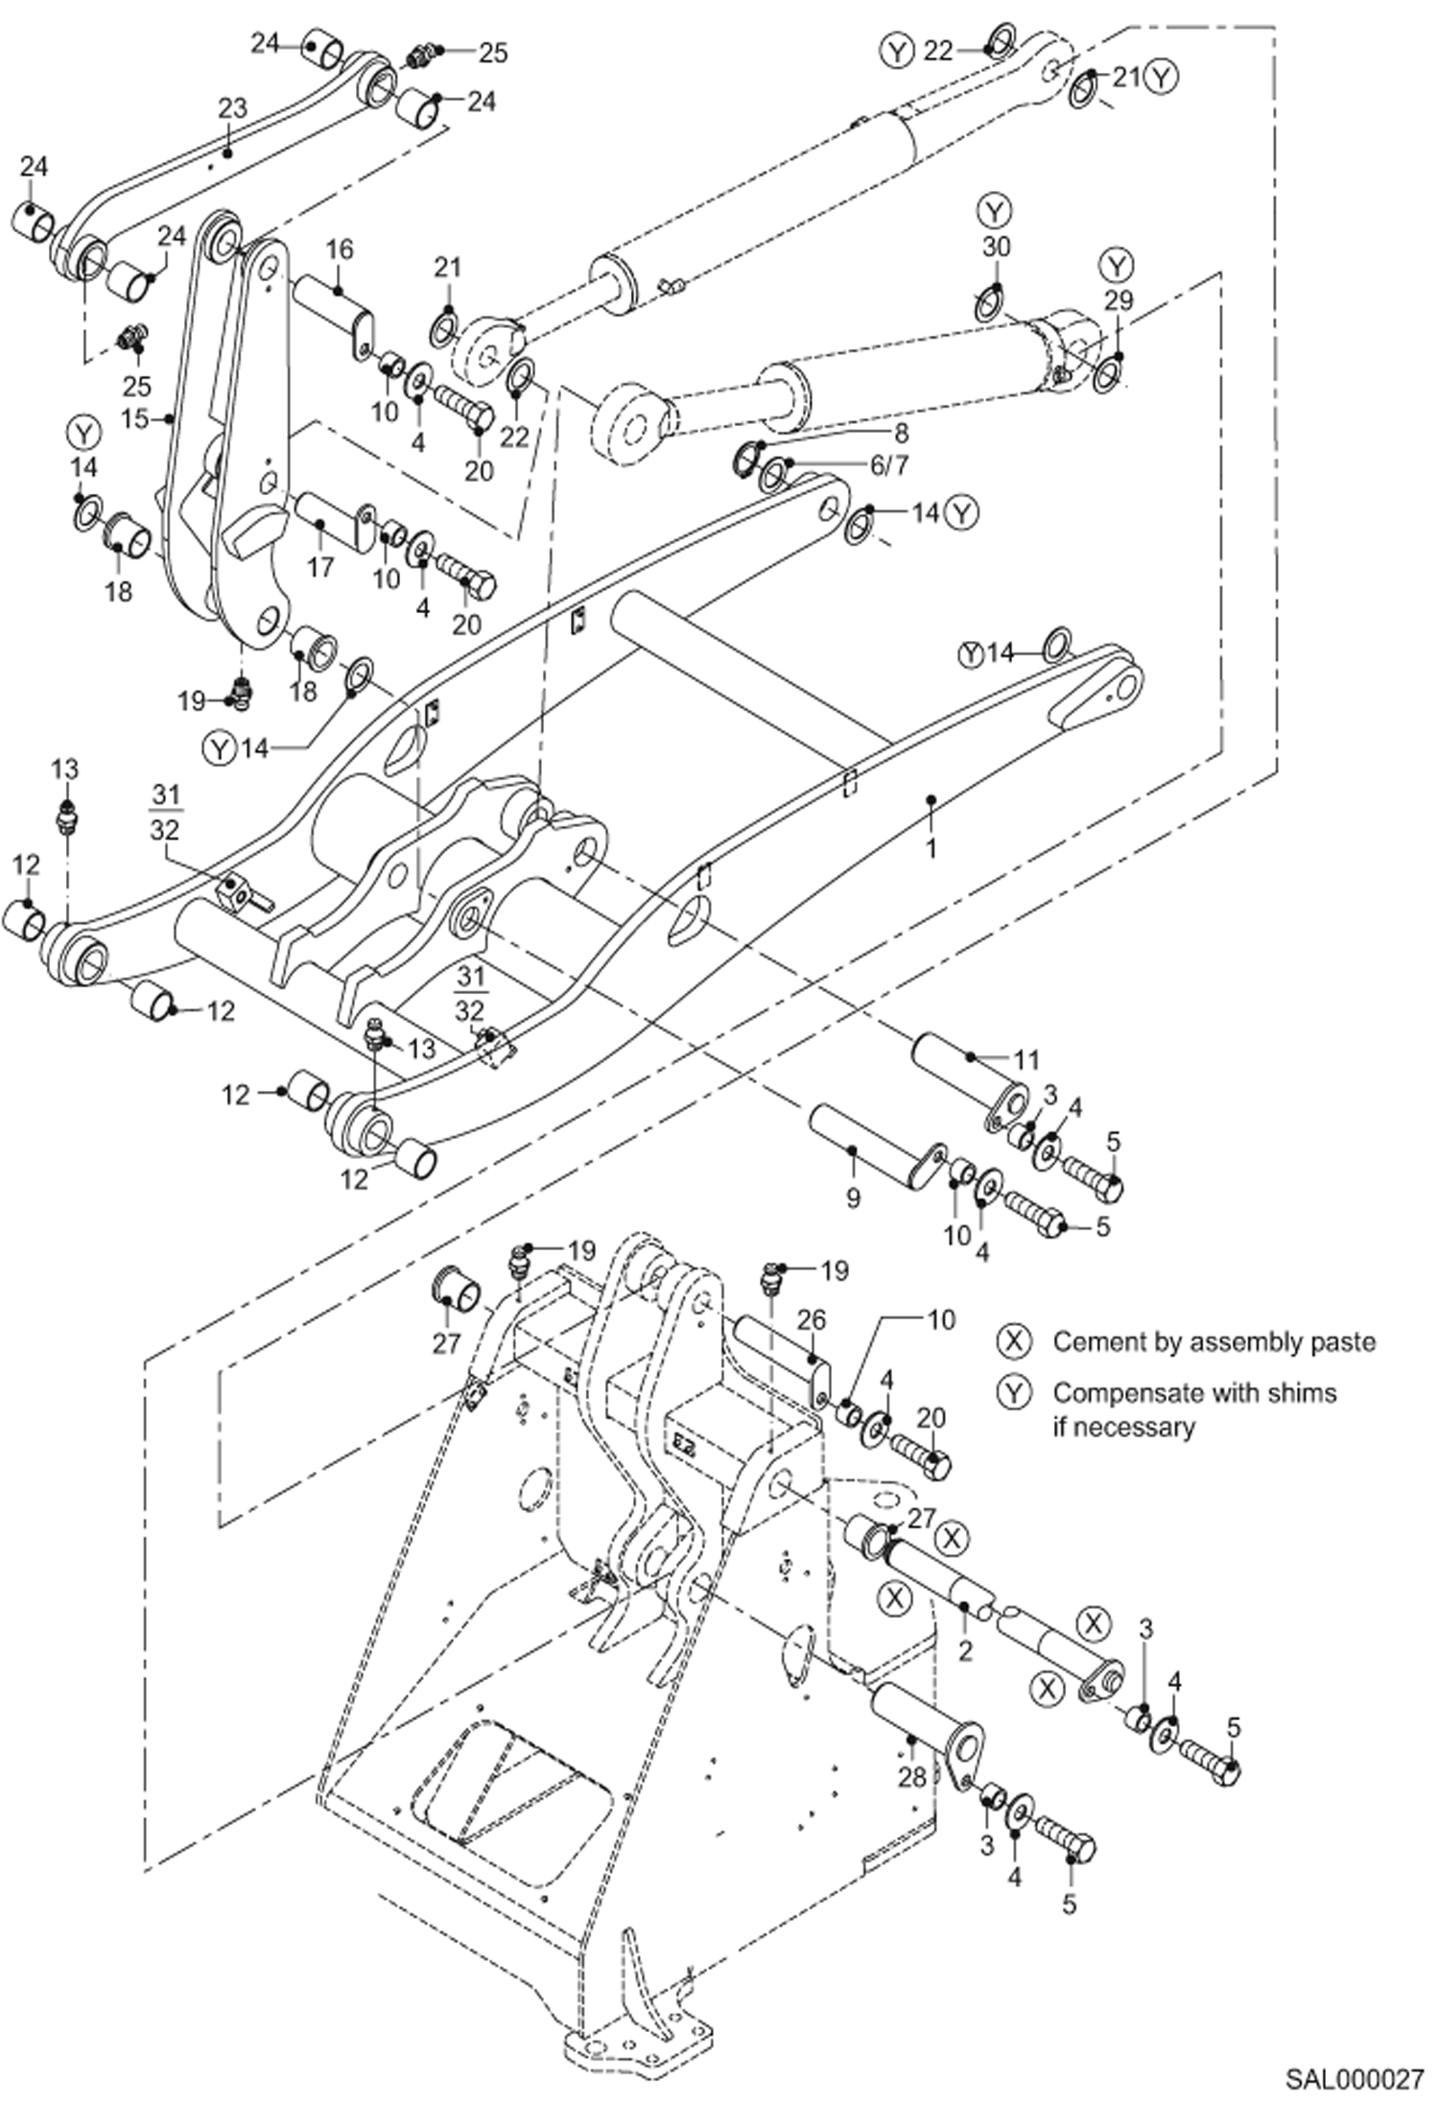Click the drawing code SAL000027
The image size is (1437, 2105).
1354,2080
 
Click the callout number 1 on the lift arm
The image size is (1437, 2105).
930,848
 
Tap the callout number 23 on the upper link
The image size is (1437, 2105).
232,108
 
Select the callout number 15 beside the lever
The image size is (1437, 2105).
134,419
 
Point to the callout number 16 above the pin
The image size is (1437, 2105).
339,249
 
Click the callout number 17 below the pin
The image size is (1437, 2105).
319,566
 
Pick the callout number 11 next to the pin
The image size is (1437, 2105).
1026,1059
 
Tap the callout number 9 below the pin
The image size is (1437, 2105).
853,1196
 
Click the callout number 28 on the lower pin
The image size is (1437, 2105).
911,1777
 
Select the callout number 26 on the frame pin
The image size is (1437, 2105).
811,1320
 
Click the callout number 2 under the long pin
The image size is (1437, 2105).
965,1650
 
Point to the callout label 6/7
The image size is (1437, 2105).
888,465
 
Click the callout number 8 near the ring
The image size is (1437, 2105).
900,432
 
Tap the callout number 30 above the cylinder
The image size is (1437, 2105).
996,247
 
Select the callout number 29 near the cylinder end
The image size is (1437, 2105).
1118,300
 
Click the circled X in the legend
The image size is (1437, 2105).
1014,1340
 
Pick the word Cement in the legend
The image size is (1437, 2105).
1092,1341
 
